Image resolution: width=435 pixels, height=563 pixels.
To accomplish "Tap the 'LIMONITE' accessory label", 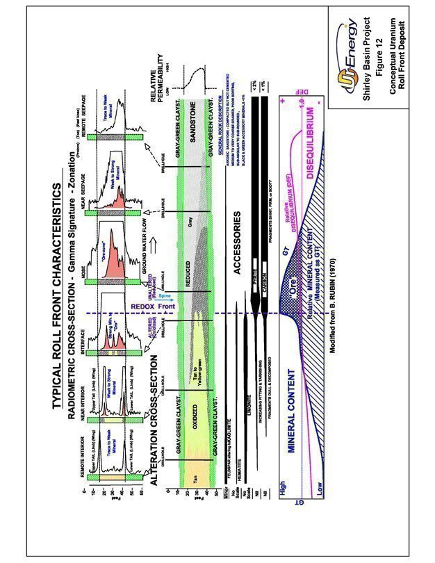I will point(246,400).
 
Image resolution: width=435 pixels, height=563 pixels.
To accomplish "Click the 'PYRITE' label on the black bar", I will point(252,284).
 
